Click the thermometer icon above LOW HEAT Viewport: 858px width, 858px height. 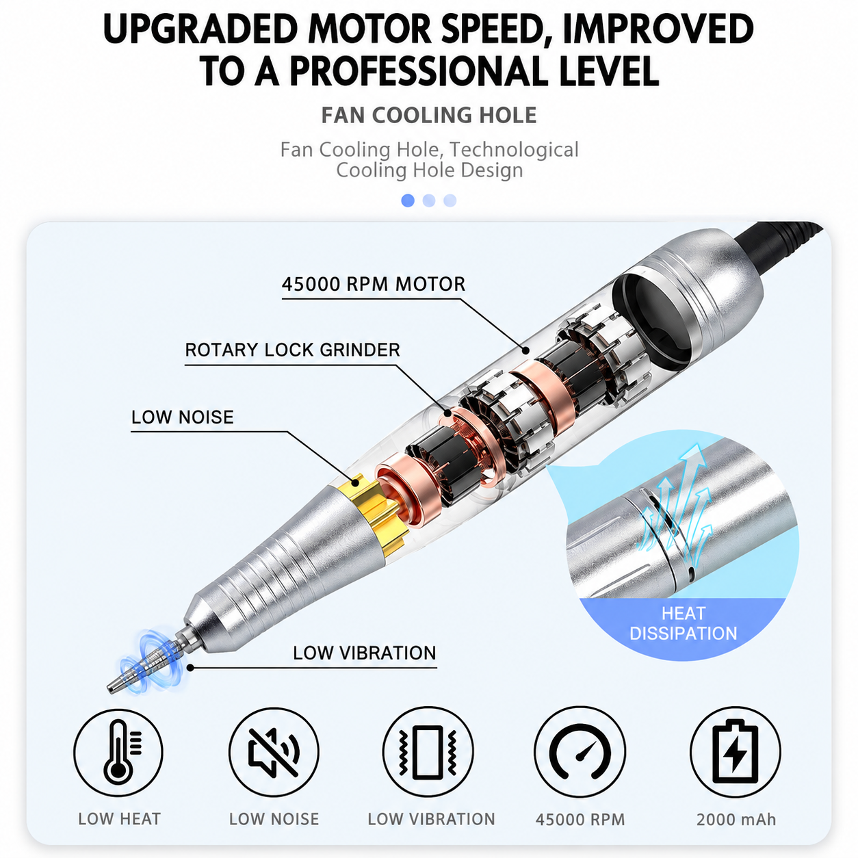[x=118, y=752]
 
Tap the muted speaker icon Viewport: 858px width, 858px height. [x=274, y=752]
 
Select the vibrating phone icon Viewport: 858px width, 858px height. [x=428, y=752]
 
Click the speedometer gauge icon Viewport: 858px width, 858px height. [x=580, y=752]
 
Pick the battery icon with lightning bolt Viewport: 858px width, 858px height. [x=735, y=752]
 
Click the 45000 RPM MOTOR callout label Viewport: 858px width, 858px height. [x=374, y=284]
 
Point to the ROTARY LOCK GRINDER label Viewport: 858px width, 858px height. [x=293, y=350]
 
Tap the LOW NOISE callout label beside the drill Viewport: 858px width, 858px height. [x=183, y=417]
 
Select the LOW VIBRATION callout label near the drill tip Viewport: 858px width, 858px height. [x=365, y=653]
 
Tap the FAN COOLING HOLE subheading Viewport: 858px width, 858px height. [x=429, y=116]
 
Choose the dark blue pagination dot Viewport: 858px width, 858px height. [x=408, y=200]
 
